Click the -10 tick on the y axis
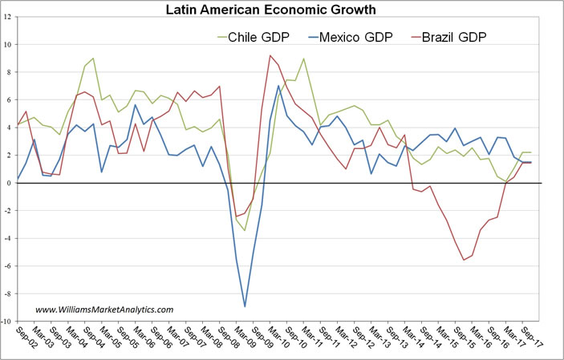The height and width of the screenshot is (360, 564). tap(6, 322)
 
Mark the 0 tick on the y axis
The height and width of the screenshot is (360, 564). tap(9, 184)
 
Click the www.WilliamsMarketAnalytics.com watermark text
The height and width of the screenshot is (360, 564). tap(104, 309)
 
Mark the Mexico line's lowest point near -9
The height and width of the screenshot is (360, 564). tap(245, 306)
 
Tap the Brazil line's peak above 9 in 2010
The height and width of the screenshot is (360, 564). tap(270, 55)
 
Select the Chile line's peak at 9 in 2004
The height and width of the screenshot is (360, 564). tap(93, 58)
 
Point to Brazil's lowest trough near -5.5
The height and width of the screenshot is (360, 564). tap(463, 260)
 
